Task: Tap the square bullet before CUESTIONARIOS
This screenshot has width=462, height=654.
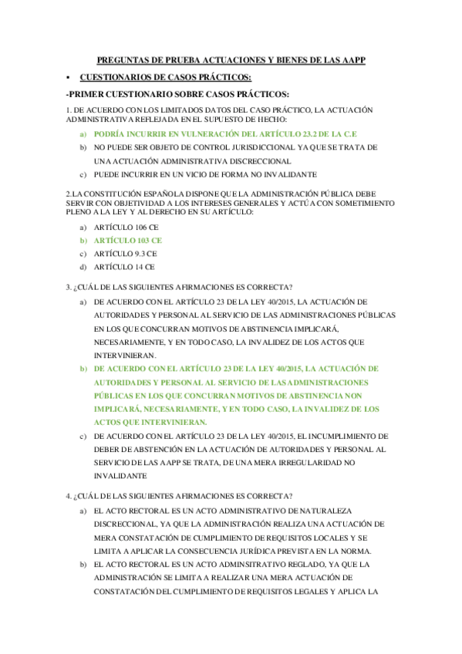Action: point(69,77)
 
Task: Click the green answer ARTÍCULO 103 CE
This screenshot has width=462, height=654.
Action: point(127,240)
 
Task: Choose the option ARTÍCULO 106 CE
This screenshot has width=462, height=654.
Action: point(126,227)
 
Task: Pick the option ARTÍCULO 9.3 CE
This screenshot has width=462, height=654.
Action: point(125,253)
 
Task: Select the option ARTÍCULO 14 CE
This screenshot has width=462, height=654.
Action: point(123,266)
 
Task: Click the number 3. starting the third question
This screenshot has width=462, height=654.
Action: point(69,287)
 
